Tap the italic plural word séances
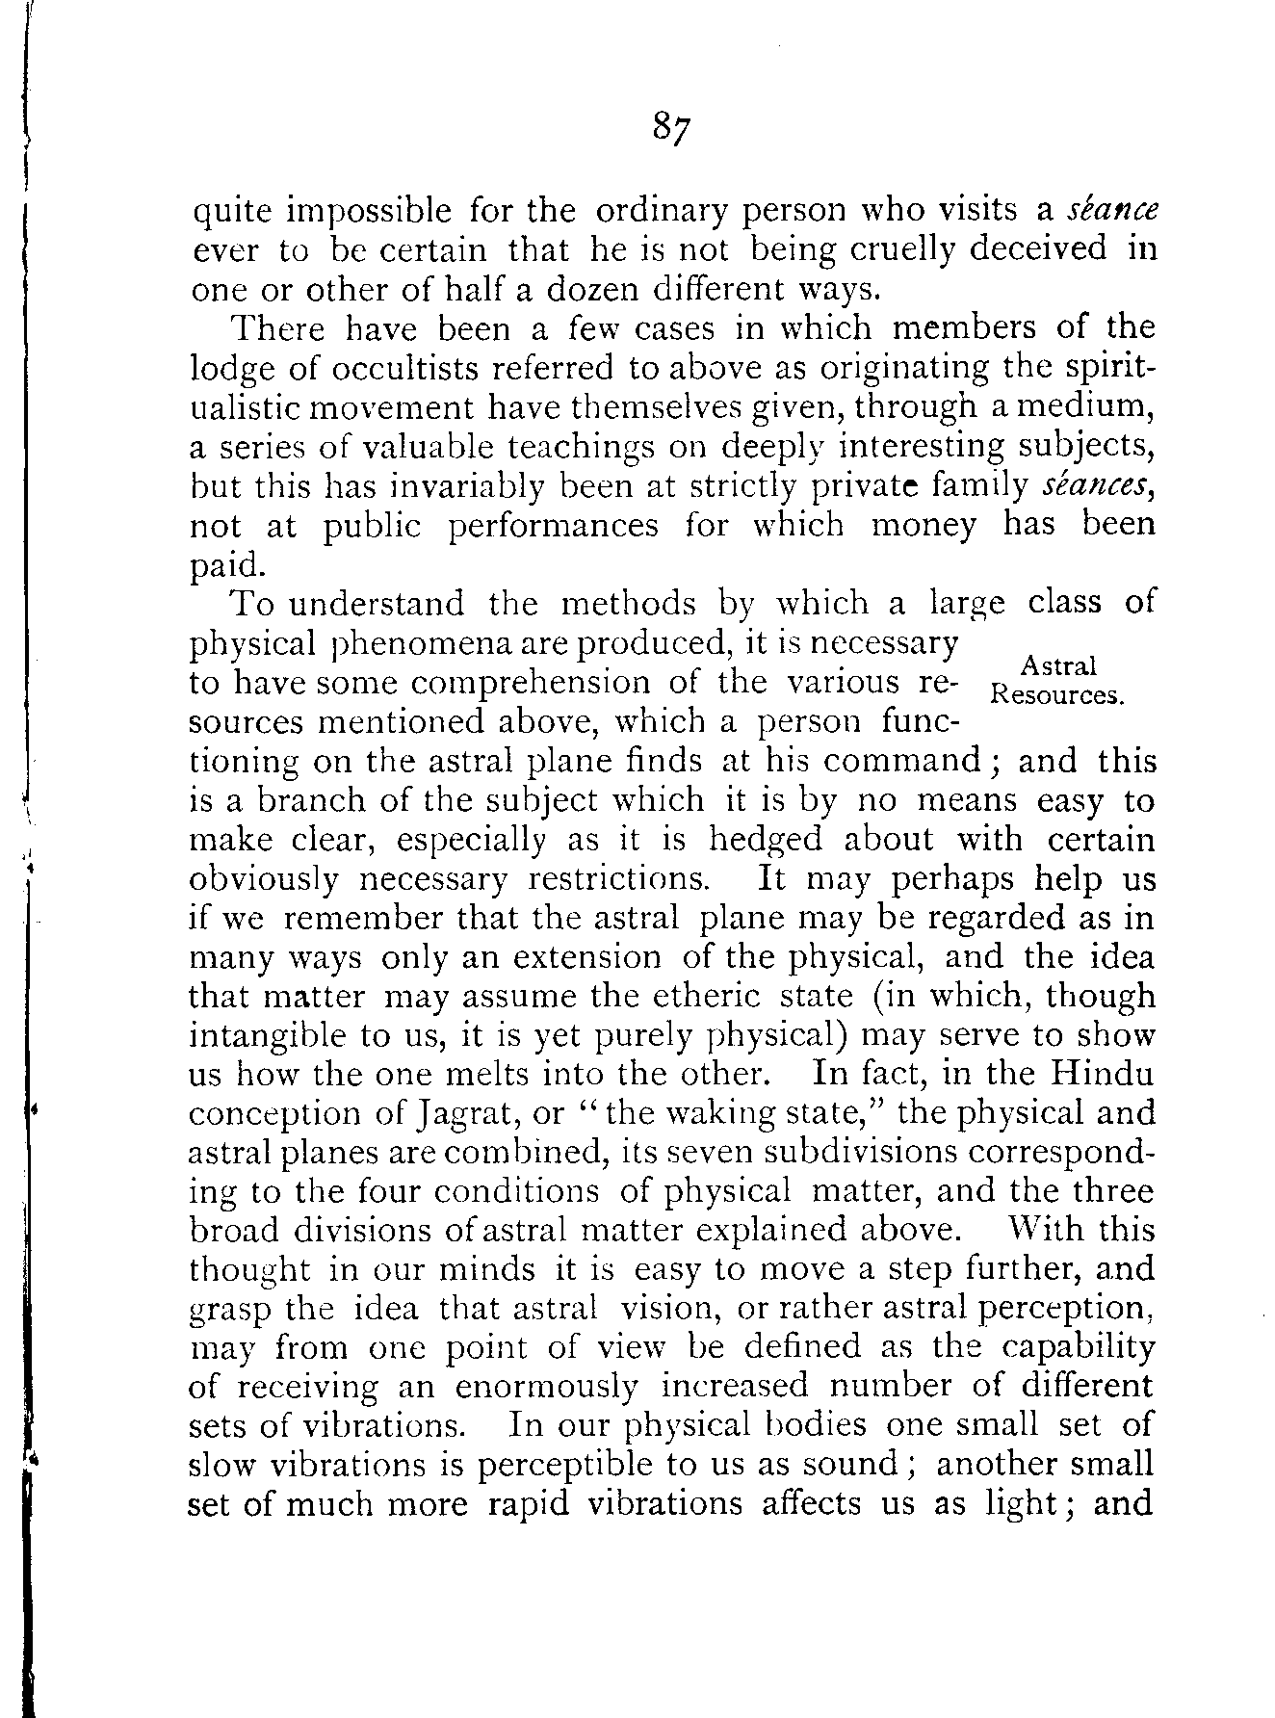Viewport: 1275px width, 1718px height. point(1098,485)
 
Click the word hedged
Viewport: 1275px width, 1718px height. point(766,840)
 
